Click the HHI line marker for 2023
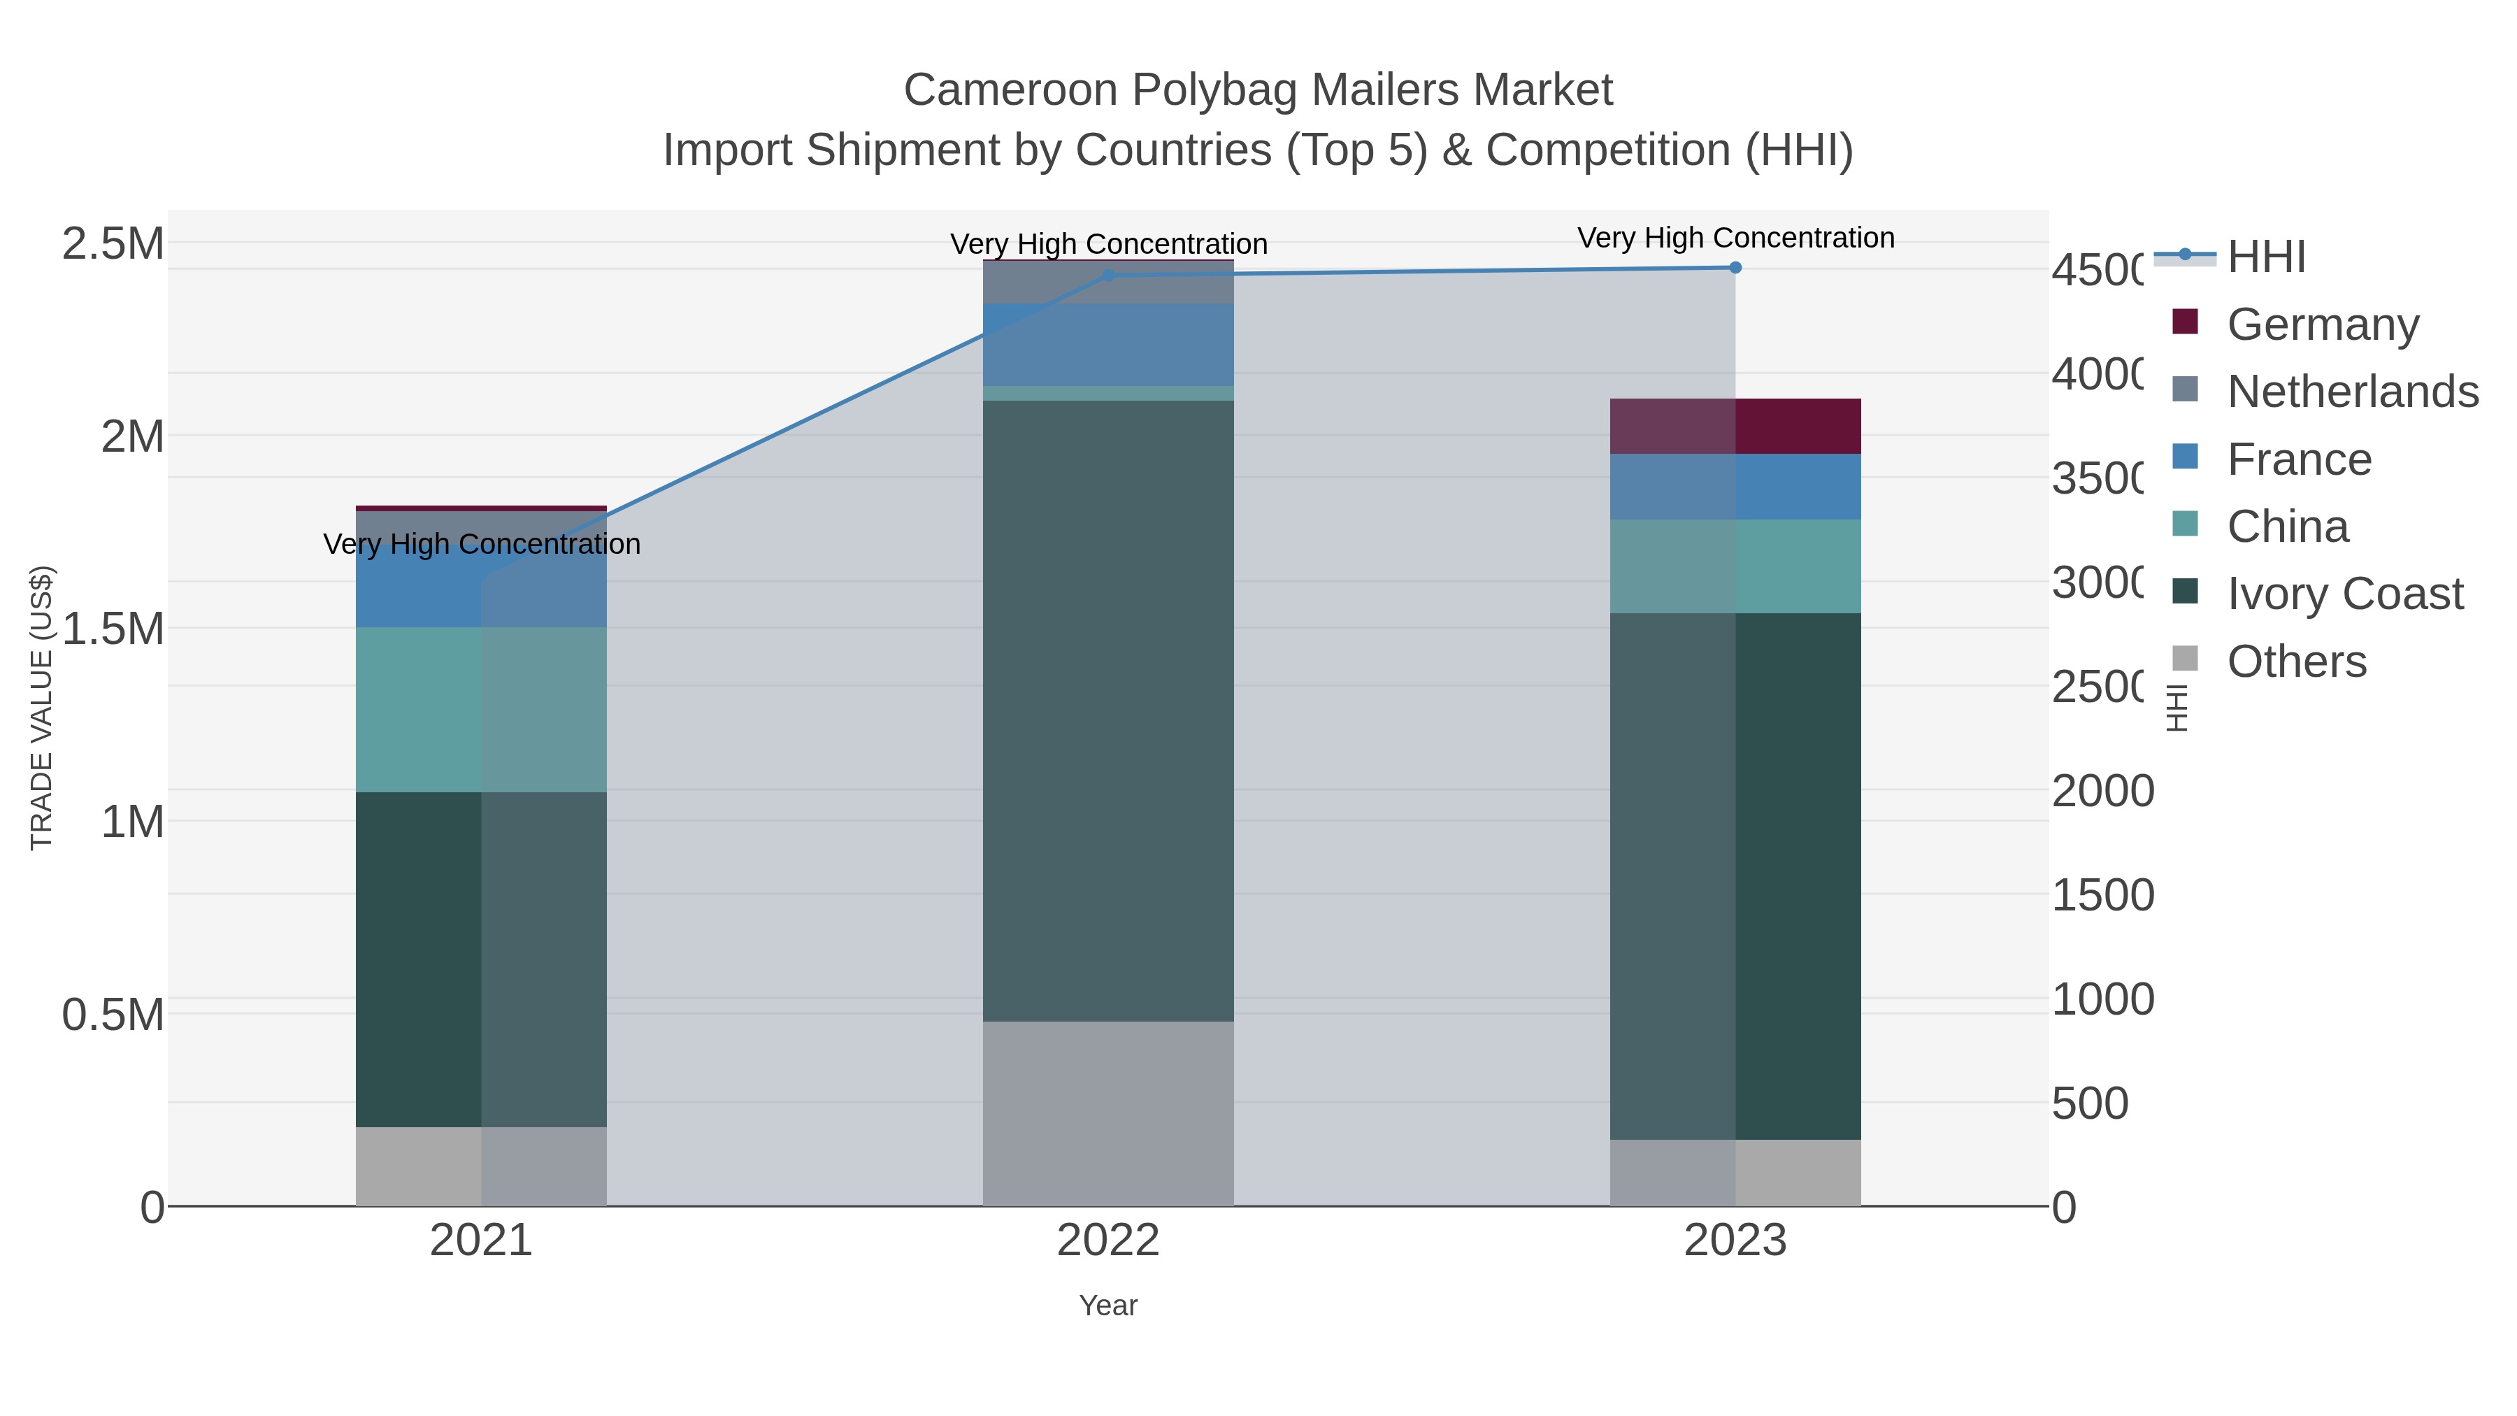pos(1735,267)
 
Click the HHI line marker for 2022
pos(1108,276)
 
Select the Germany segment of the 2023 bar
pos(1735,426)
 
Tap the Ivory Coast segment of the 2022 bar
pos(1108,710)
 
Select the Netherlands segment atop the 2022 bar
pos(1108,283)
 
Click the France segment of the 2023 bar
pos(1735,487)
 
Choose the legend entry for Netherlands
pos(2352,392)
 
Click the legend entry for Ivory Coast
pos(2344,594)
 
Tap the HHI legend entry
pos(2266,257)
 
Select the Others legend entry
pos(2296,661)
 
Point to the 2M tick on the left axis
pos(132,436)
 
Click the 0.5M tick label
pos(113,1015)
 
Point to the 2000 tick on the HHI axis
pos(2102,791)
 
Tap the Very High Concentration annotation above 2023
pos(1735,238)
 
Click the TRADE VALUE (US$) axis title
pos(41,708)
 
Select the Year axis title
pos(1108,1306)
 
